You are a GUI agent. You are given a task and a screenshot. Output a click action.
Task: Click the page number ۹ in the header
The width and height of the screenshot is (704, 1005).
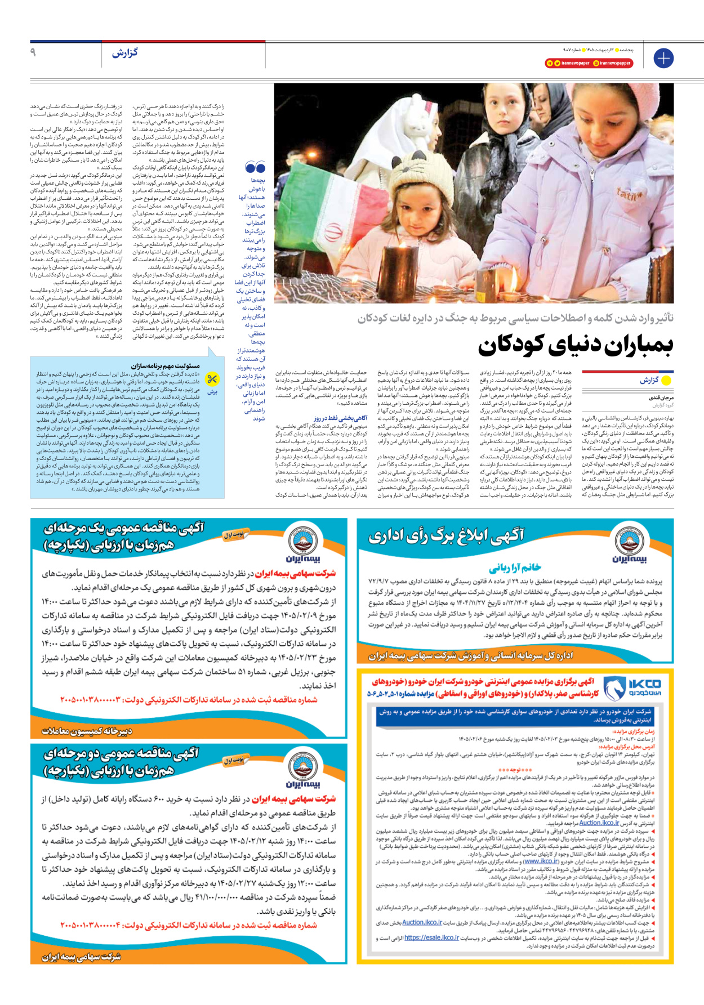tap(33, 52)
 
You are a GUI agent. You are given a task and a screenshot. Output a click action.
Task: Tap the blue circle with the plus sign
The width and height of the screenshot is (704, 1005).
tap(663, 58)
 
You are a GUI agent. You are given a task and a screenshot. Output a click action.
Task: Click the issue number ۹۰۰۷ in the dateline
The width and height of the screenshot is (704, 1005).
tap(568, 50)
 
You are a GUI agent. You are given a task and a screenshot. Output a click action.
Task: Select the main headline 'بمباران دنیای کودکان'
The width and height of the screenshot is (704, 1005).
tap(576, 345)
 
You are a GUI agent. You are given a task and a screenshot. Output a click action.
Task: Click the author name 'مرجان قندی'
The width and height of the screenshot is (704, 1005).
tap(661, 398)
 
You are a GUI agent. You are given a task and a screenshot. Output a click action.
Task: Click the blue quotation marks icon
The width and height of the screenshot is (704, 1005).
tap(255, 167)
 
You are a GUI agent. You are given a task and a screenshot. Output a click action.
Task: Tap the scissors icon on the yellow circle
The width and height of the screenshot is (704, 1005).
tap(212, 379)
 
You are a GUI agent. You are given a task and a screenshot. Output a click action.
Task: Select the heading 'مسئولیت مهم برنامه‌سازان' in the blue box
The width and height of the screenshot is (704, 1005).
tap(166, 366)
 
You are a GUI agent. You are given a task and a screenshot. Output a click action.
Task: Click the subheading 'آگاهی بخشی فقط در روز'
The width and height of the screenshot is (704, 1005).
tap(341, 418)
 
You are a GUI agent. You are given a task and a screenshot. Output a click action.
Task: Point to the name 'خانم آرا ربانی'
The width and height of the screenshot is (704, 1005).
tap(515, 568)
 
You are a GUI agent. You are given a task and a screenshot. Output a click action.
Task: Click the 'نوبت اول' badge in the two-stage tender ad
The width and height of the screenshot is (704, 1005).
tap(234, 761)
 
